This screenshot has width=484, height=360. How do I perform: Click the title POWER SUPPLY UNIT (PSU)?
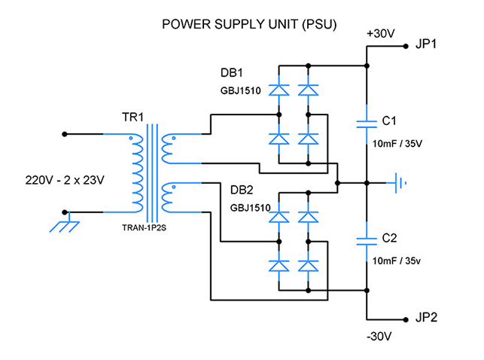pyautogui.click(x=248, y=25)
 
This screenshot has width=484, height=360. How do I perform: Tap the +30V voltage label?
pyautogui.click(x=379, y=33)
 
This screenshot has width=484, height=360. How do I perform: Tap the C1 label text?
pyautogui.click(x=390, y=121)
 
